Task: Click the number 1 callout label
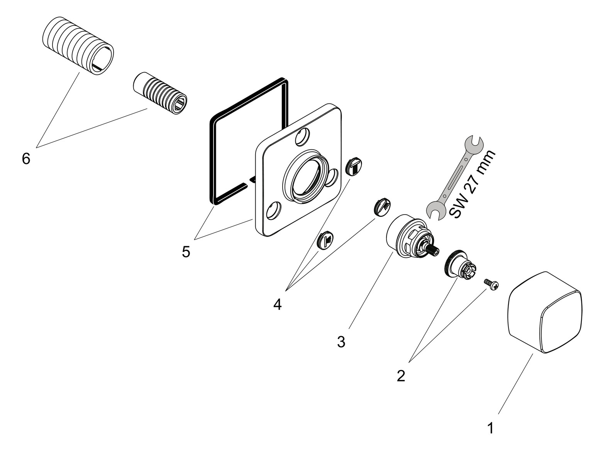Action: click(x=490, y=428)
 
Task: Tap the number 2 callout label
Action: click(x=401, y=376)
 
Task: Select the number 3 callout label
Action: click(x=341, y=342)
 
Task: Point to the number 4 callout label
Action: click(x=277, y=305)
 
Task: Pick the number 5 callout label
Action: click(x=186, y=252)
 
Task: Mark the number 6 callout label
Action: click(x=26, y=158)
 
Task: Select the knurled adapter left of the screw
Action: click(x=459, y=265)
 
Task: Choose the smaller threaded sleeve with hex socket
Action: click(x=160, y=92)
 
